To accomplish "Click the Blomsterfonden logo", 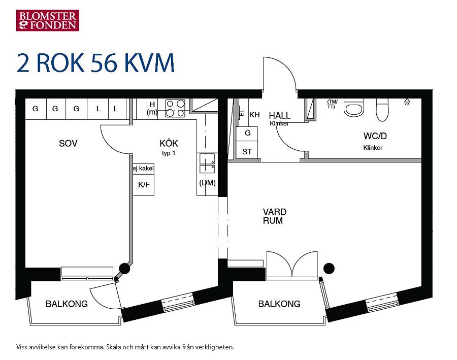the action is click(48, 20).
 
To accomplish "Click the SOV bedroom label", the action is click(68, 143).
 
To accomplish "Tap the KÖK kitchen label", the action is click(169, 143).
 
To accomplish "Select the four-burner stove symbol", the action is click(175, 108).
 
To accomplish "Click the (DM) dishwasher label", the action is click(207, 183).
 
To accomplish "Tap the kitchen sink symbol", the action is click(207, 163).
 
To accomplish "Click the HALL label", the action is click(279, 115).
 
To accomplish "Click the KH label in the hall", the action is click(254, 115).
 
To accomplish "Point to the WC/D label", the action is click(375, 136).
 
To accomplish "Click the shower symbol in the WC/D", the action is click(407, 102).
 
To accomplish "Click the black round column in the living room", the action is click(329, 268).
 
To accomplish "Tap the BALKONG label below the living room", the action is click(279, 304).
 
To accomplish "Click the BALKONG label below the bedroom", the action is click(67, 304).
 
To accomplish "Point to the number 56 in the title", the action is click(104, 62).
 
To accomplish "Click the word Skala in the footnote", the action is click(113, 347).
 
